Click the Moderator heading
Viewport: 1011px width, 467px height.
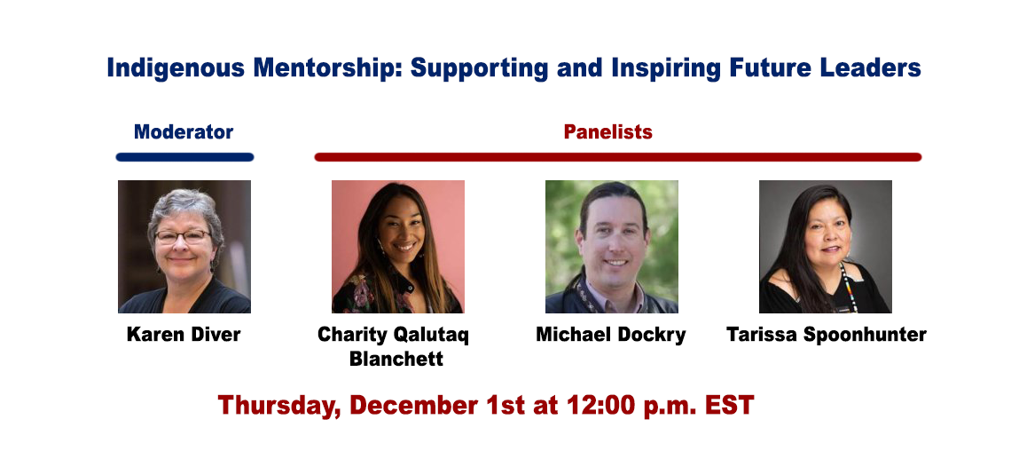tap(183, 131)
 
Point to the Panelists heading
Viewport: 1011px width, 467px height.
tap(608, 131)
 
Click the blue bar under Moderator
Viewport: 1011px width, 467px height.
tap(185, 157)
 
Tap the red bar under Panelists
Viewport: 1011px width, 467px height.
tap(618, 157)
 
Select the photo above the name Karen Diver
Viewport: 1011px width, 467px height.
tap(184, 247)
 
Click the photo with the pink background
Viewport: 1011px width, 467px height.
tap(398, 247)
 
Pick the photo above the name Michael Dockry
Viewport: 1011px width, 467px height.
tap(612, 247)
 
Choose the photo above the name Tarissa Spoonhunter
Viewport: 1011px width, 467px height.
tap(826, 247)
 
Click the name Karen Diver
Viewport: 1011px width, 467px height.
tap(184, 335)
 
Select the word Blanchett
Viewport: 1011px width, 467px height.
tap(396, 359)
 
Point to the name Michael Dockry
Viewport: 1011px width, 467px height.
tap(611, 336)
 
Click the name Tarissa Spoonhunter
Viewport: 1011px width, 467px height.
tap(827, 336)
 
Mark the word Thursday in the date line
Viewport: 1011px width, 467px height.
tap(279, 407)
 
